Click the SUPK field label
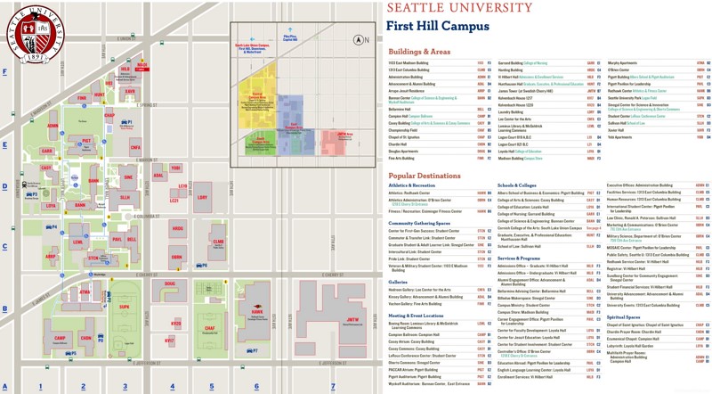coord(124,307)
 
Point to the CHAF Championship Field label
coord(210,328)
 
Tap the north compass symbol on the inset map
coord(360,40)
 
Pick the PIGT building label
coord(86,141)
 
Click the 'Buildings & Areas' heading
coord(419,52)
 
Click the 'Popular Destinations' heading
coord(425,176)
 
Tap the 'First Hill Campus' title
coord(436,26)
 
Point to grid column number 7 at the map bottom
coord(333,387)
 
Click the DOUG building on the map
coord(170,284)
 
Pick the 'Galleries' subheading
coord(399,281)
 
